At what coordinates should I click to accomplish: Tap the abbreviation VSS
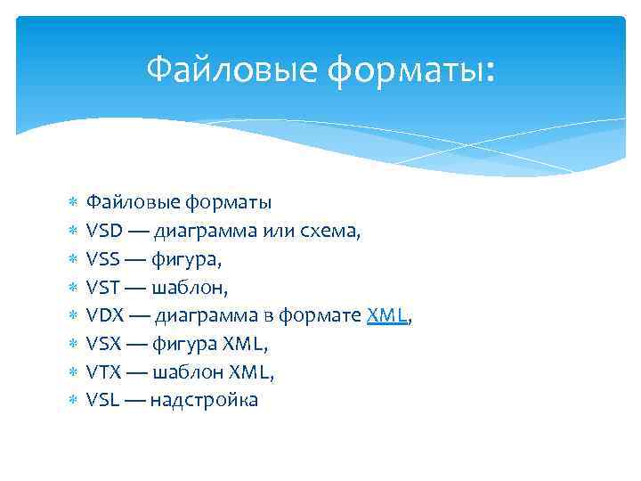103,259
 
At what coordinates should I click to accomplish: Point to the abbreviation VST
103,287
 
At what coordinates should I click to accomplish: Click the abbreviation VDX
104,315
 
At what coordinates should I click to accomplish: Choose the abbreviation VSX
103,343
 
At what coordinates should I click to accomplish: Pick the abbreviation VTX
103,371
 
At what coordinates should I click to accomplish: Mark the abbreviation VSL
102,400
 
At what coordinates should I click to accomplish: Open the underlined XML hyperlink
386,315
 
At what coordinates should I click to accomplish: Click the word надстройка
204,400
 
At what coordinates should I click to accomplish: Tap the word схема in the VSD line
330,232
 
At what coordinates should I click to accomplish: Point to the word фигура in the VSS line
185,260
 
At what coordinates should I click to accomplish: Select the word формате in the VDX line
320,316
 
